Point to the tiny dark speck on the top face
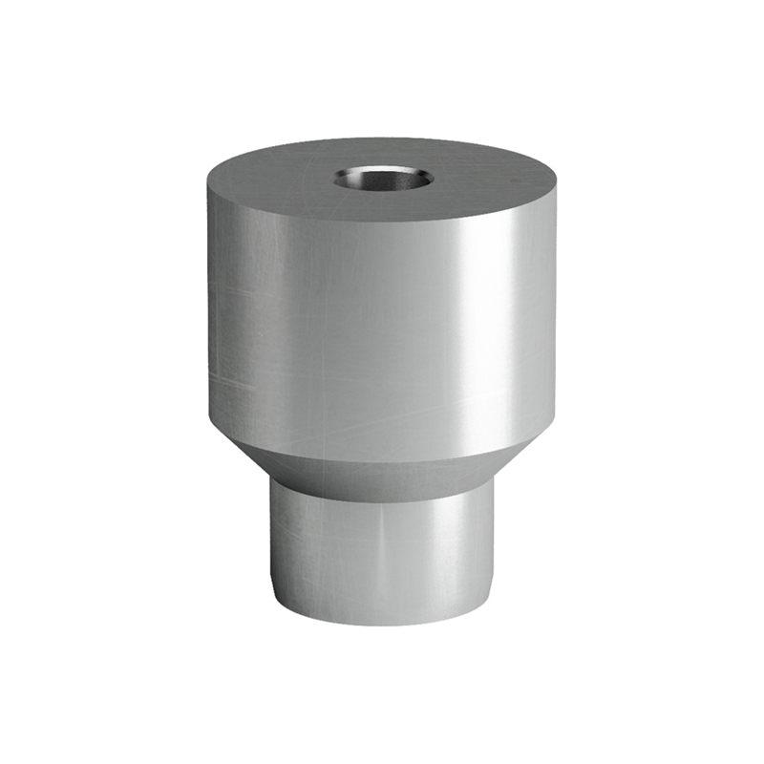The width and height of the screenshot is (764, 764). point(513,179)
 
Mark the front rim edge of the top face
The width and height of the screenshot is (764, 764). point(382,221)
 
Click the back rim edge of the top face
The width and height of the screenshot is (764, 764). point(382,139)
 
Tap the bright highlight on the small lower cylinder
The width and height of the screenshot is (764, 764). point(449,554)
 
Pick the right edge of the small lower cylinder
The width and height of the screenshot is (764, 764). point(495,544)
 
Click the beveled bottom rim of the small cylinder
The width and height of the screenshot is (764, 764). point(382,621)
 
